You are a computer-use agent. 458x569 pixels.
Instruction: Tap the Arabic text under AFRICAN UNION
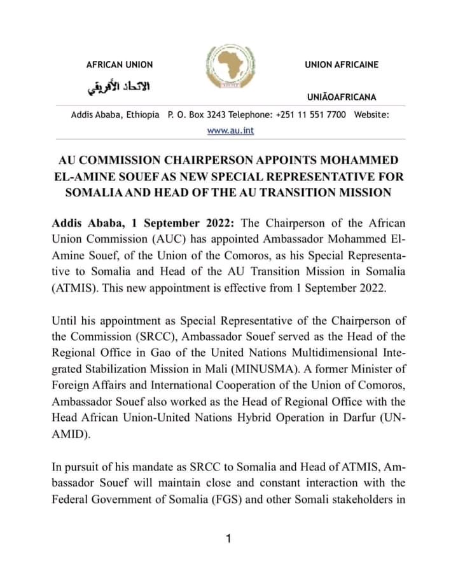tap(119, 88)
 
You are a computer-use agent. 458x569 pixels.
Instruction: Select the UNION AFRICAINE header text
tap(341, 65)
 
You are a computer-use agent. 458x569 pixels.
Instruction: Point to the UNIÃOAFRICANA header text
tap(341, 97)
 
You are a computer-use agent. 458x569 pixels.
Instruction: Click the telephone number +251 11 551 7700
tap(311, 114)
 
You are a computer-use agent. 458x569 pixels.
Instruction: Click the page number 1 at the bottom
tap(228, 539)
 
